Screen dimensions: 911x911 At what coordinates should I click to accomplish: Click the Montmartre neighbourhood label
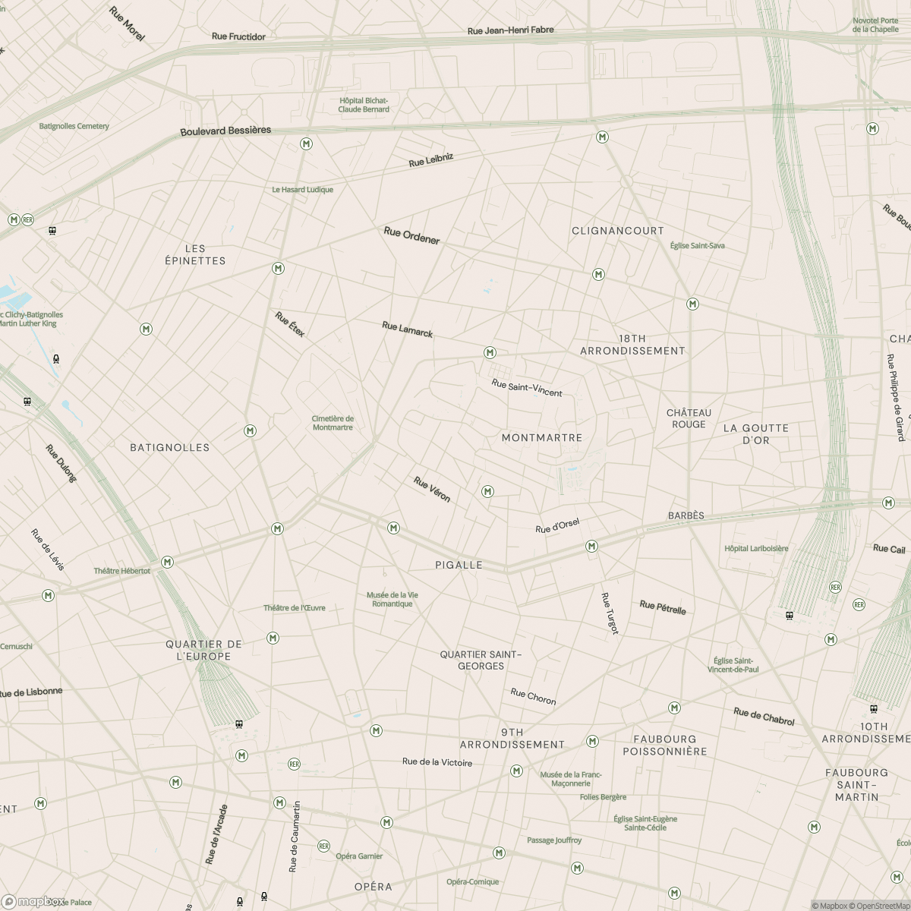542,438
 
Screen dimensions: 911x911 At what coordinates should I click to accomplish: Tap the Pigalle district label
459,565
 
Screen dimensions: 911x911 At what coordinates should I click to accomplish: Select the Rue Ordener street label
411,235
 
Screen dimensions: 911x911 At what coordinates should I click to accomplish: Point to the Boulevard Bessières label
225,131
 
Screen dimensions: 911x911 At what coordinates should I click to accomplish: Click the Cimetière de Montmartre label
333,423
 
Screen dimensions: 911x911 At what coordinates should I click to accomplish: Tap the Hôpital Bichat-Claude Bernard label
364,105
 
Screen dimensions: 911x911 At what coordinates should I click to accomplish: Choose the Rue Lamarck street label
407,329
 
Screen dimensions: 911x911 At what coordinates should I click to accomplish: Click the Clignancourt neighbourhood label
617,231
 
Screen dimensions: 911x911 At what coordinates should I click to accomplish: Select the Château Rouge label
689,418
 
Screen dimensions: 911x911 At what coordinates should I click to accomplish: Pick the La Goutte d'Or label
755,434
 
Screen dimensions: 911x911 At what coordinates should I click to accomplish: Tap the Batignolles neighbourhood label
169,448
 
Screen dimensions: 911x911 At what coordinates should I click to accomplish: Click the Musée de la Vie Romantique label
392,599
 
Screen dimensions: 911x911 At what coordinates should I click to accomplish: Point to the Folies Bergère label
603,797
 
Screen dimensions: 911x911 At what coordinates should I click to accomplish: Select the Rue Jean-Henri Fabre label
510,30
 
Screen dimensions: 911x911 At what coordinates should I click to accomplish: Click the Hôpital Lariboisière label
756,548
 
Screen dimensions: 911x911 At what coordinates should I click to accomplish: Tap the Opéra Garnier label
359,856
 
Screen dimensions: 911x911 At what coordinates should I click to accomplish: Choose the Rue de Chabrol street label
764,716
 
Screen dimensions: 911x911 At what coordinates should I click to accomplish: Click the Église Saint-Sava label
697,246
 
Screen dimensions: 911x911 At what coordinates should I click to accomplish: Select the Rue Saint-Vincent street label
527,388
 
